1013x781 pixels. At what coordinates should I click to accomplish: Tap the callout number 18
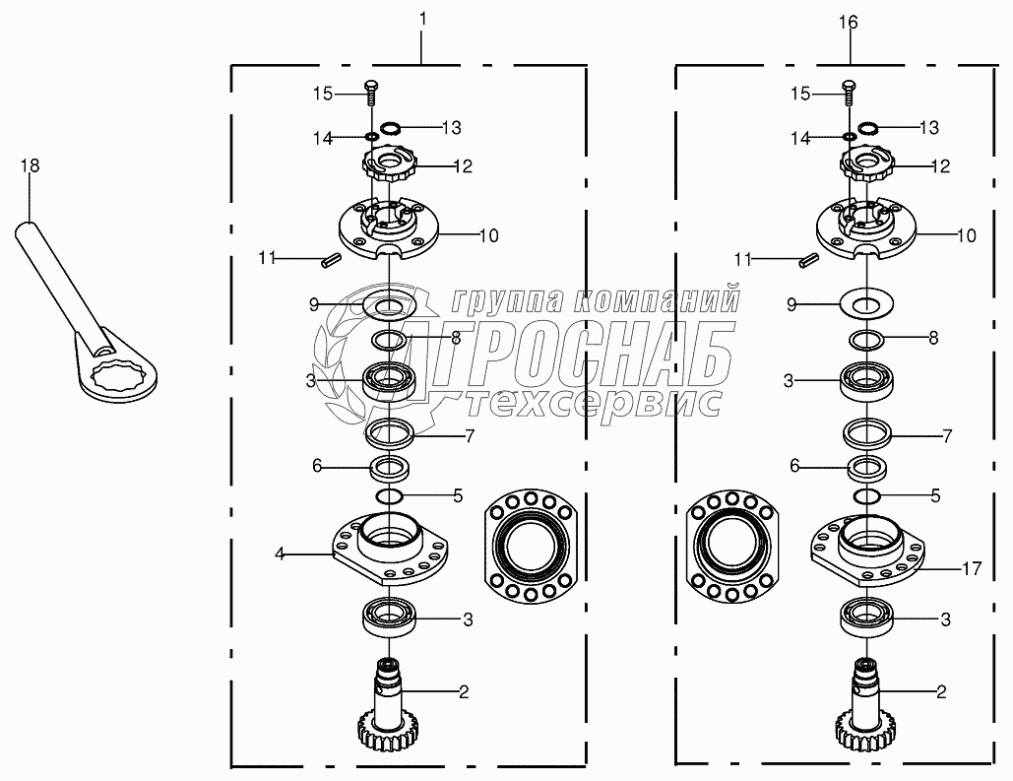[30, 166]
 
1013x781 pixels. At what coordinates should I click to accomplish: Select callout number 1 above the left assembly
[422, 20]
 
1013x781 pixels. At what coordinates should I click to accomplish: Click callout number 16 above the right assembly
[849, 23]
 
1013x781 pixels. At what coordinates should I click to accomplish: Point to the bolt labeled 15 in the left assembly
[371, 94]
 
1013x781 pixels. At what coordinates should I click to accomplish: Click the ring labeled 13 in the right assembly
[869, 128]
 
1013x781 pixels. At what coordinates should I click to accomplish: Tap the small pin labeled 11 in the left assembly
[330, 262]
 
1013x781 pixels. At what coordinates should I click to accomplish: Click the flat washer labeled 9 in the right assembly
[867, 302]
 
